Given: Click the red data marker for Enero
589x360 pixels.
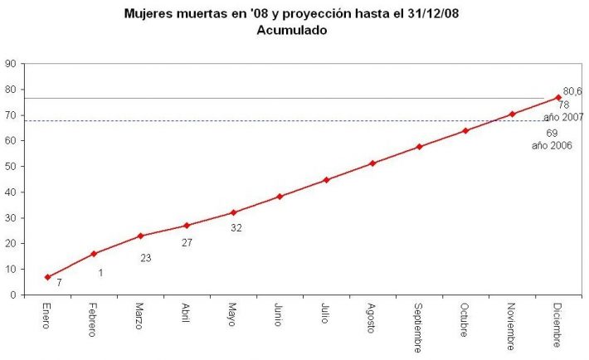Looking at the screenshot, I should (47, 277).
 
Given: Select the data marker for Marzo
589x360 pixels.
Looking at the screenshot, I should (140, 236).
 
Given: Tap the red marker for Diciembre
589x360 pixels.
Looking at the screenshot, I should (558, 97).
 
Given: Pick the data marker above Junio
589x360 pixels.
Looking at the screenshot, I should (280, 197).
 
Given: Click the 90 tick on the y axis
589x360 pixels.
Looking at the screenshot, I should (11, 63).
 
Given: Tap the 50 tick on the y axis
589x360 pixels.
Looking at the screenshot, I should (11, 166).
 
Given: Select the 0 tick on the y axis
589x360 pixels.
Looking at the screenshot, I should (13, 294).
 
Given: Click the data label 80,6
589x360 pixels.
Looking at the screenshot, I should (572, 91).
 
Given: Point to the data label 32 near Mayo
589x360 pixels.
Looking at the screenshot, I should (236, 227).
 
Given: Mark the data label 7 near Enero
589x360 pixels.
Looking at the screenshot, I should (59, 283).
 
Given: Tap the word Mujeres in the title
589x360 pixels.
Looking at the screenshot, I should (147, 14).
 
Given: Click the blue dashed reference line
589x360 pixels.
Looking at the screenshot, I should (249, 121).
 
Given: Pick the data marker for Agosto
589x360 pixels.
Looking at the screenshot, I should (372, 163).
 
